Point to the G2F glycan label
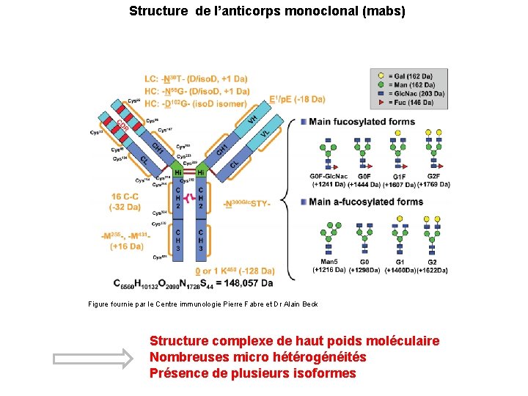tap(433, 177)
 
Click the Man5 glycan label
tap(329, 262)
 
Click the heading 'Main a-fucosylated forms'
tap(366, 202)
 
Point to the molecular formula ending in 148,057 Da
tap(194, 282)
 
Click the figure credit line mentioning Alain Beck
tap(203, 304)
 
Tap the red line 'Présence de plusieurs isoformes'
tap(253, 373)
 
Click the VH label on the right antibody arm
tap(252, 118)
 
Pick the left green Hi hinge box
tap(177, 172)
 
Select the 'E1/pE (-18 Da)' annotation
tap(287, 99)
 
